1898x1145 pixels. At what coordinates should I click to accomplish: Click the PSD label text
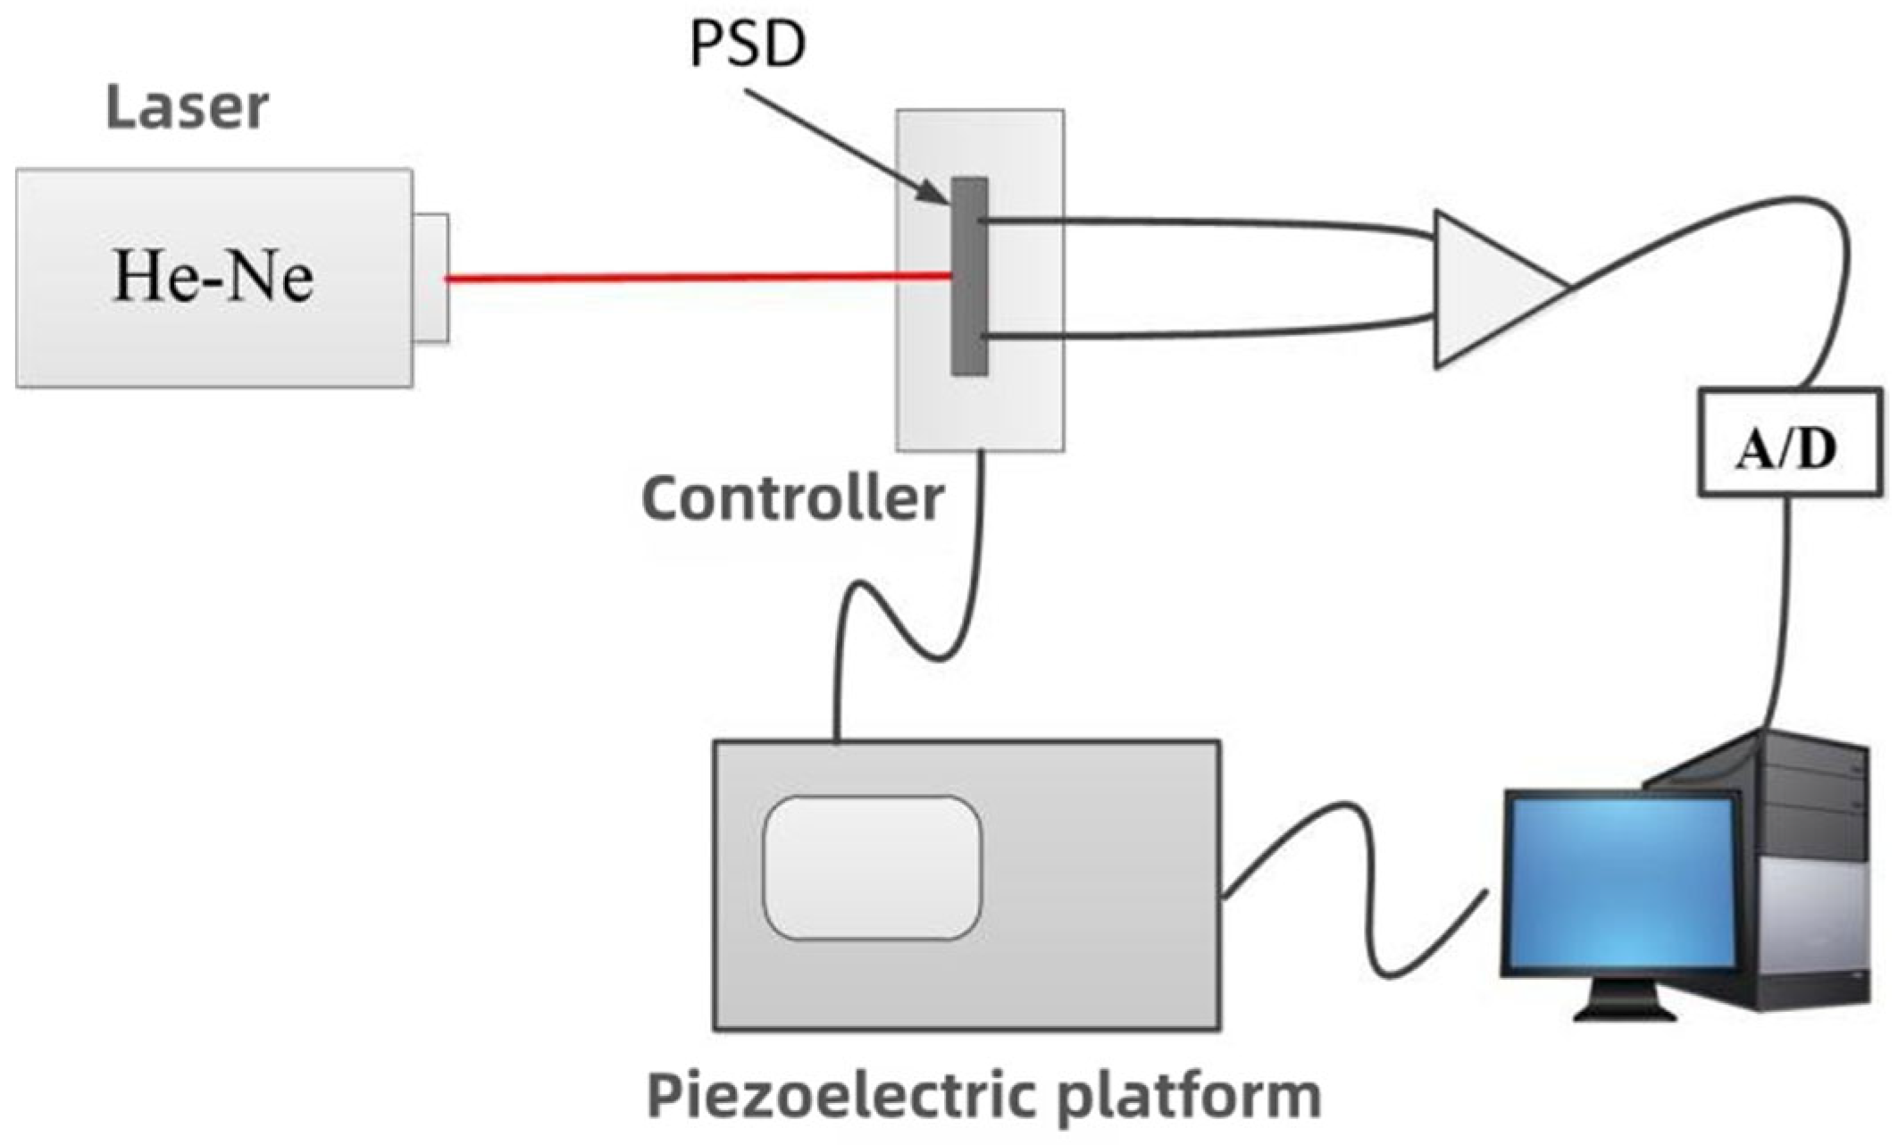click(x=748, y=44)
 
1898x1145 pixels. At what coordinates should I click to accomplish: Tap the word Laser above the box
click(x=187, y=108)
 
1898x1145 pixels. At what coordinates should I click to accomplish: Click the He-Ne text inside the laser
click(x=213, y=276)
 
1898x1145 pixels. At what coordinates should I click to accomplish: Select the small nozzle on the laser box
click(x=431, y=278)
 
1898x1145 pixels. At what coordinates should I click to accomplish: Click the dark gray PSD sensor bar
click(x=969, y=278)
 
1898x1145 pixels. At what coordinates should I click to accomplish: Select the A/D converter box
click(x=1789, y=443)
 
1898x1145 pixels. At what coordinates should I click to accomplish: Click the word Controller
click(x=792, y=498)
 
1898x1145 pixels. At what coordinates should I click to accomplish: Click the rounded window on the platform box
click(x=872, y=867)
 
